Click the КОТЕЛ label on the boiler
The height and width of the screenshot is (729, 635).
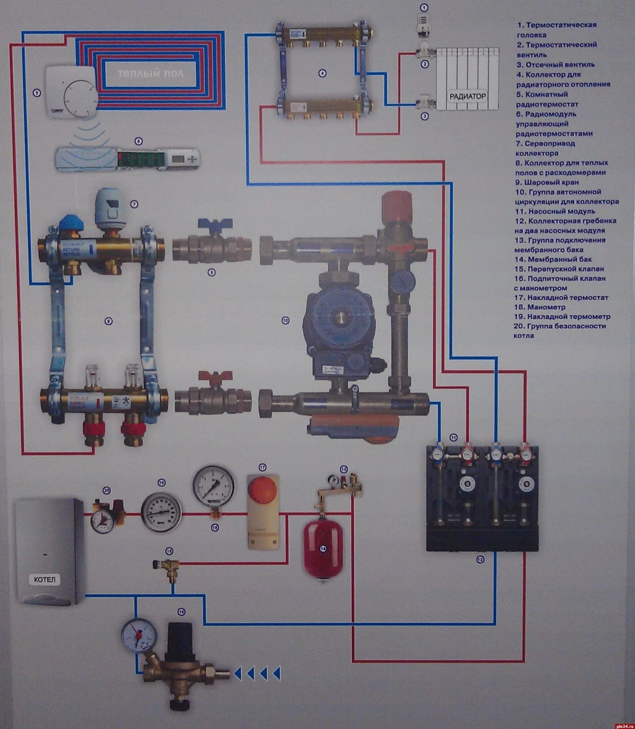(x=45, y=580)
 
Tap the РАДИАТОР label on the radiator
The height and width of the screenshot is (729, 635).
(x=467, y=96)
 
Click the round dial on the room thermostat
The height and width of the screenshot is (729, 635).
(x=80, y=97)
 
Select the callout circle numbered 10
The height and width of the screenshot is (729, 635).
(x=285, y=320)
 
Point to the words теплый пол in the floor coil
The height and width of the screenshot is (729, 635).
(x=151, y=74)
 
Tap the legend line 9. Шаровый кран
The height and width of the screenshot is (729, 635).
(x=547, y=182)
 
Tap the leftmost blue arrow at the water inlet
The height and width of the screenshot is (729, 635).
(x=238, y=673)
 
